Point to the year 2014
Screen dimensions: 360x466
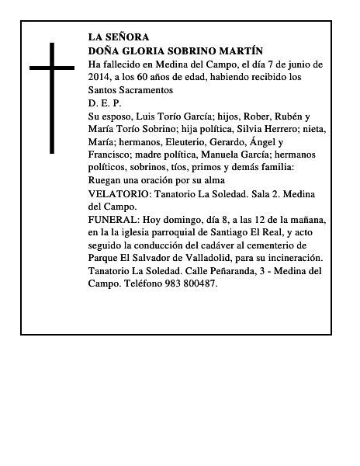100,77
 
